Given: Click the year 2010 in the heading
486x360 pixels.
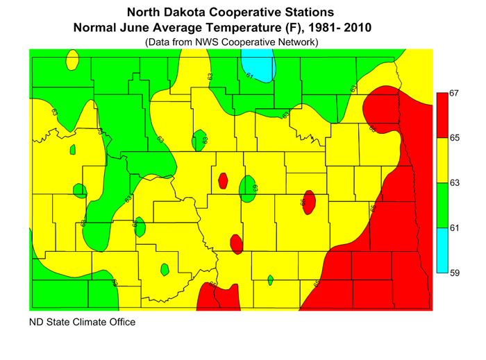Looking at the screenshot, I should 356,28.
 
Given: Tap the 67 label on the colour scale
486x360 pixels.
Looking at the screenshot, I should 455,93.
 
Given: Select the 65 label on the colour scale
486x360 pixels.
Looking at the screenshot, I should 455,138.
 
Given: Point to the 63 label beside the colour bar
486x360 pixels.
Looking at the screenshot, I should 455,183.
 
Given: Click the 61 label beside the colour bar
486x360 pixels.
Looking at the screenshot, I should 455,228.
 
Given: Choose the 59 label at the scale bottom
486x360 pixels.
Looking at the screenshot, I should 455,273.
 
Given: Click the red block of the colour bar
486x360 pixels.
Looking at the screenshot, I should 440,115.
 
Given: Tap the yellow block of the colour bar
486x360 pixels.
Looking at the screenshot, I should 440,160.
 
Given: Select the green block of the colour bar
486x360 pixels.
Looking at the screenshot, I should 440,205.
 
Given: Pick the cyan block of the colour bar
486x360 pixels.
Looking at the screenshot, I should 440,250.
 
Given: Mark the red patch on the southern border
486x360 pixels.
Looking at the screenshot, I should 218,298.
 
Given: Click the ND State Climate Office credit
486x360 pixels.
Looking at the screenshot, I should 82,323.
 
